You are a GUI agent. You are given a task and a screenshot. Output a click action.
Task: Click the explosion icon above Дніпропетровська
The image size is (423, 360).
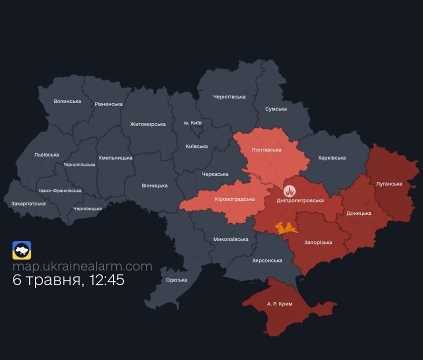tap(290, 191)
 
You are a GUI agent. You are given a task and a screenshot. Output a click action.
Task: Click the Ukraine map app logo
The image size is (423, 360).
tap(22, 250)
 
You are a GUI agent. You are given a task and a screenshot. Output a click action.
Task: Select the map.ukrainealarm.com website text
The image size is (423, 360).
tap(82, 266)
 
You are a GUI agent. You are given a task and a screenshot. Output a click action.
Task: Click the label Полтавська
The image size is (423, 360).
tap(266, 150)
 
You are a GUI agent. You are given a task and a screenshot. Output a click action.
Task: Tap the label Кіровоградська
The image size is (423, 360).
tap(234, 199)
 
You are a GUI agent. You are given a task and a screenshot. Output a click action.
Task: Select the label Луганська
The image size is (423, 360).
tap(389, 184)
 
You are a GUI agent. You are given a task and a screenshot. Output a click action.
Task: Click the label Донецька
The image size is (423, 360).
tap(359, 213)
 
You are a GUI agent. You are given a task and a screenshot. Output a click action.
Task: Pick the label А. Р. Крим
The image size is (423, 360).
tap(279, 304)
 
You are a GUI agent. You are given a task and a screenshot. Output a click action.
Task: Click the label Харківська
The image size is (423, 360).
tap(332, 158)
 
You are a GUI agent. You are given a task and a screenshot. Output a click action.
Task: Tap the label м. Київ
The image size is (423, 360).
tap(193, 122)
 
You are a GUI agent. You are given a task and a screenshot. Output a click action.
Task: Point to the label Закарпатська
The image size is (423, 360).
tap(28, 203)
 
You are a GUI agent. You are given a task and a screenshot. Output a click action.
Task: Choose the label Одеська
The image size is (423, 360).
tap(176, 280)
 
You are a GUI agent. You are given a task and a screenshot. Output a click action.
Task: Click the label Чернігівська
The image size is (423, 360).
tap(229, 97)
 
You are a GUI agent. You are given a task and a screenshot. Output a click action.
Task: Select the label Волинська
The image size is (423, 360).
tap(67, 101)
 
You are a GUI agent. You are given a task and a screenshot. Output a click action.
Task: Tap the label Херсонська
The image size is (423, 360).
tap(267, 260)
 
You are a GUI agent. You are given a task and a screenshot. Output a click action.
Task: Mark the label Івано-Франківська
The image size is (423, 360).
tap(60, 191)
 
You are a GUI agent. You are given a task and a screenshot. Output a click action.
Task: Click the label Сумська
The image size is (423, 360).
tap(276, 109)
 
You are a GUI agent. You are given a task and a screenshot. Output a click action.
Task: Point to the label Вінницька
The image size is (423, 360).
tap(154, 185)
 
